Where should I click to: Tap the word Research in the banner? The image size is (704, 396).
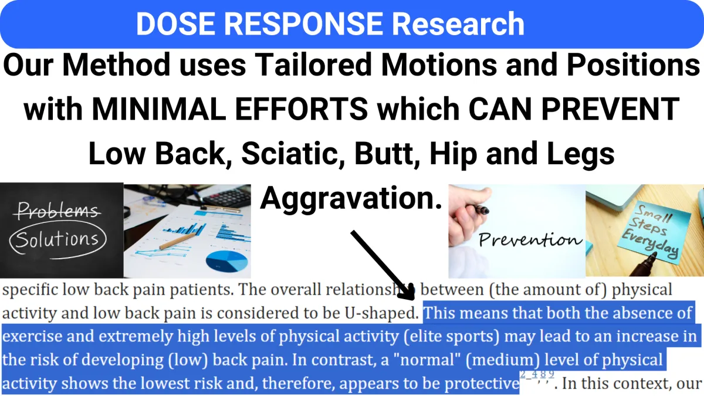click(458, 24)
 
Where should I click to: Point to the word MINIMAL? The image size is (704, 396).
click(159, 109)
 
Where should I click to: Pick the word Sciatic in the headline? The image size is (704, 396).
click(293, 154)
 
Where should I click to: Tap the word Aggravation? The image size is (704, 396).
click(351, 198)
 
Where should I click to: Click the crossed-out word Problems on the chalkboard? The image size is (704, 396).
click(58, 210)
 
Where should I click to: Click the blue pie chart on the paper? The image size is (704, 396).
click(226, 261)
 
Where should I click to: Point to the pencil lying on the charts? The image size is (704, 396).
click(178, 241)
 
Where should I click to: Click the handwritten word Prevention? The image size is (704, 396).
click(530, 240)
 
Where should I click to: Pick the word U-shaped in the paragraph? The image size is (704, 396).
click(382, 313)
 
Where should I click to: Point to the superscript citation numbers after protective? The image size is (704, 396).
click(537, 375)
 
